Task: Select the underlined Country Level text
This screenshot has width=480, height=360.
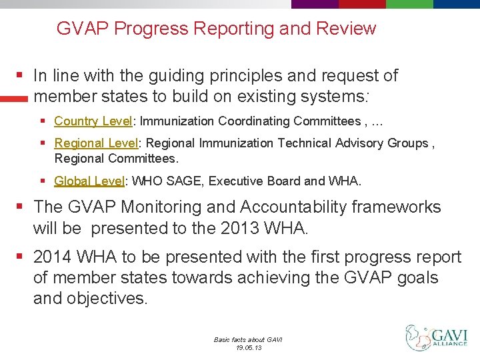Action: [94, 121]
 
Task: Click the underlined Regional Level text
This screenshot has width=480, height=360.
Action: [97, 143]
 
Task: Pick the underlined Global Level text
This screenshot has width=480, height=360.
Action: [91, 181]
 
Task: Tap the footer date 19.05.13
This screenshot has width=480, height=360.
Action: [248, 347]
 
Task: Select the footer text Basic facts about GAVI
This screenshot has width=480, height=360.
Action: [248, 339]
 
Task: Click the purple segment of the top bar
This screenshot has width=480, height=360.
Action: [315, 4]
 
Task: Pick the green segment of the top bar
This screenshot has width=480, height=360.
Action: [409, 4]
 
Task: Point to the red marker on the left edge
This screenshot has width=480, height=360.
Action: [13, 98]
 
